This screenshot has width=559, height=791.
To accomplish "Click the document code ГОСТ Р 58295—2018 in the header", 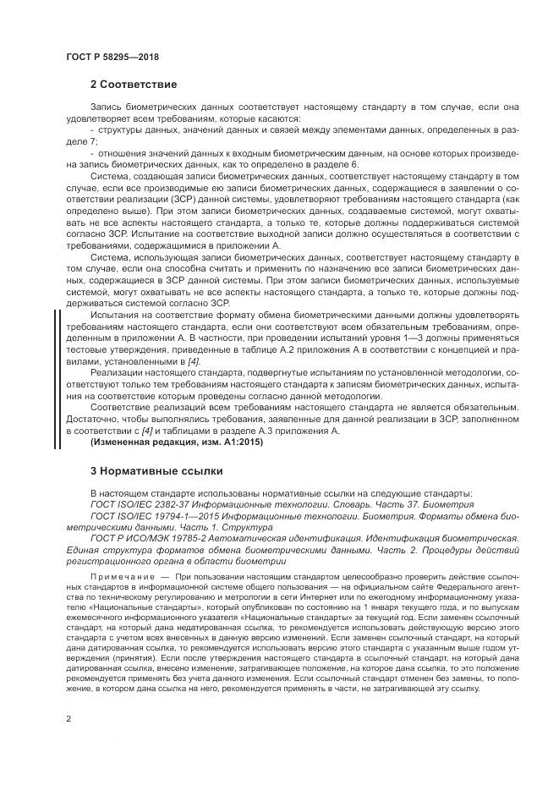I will (112, 57).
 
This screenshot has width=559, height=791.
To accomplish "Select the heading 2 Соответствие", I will (133, 85).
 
